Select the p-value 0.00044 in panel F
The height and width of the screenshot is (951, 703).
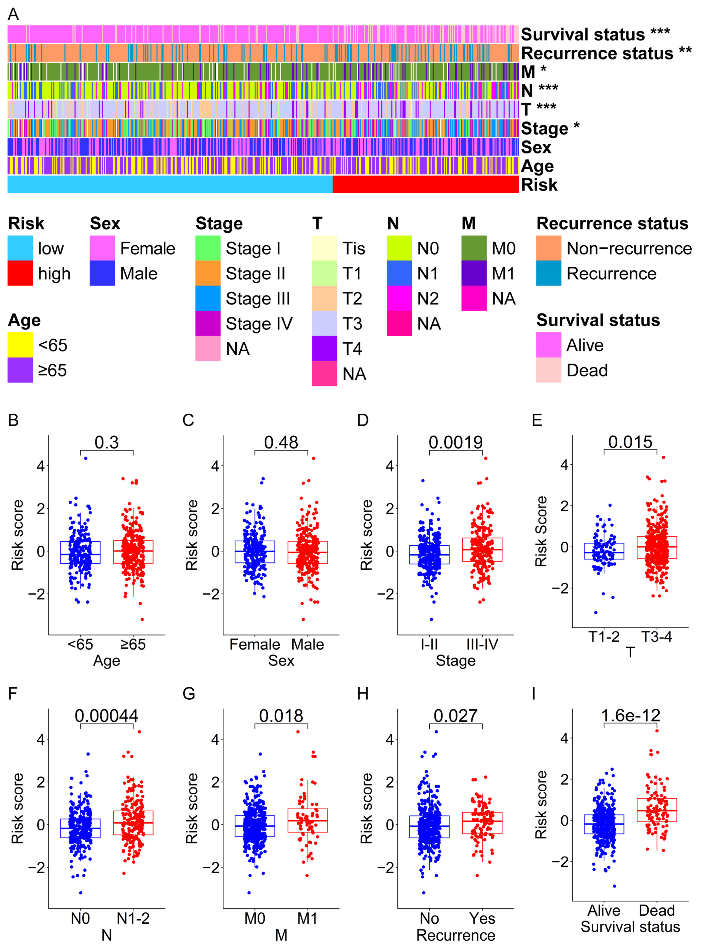coord(106,716)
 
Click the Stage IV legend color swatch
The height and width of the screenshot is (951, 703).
coord(208,323)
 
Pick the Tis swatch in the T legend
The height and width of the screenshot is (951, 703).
coord(324,248)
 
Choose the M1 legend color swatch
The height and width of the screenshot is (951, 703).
coord(474,273)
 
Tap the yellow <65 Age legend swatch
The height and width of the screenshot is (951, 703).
coord(20,345)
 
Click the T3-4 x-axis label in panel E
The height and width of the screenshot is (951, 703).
coord(657,636)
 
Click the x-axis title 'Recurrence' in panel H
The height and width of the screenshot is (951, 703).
coord(455,935)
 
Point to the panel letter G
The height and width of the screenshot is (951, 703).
coord(189,694)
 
